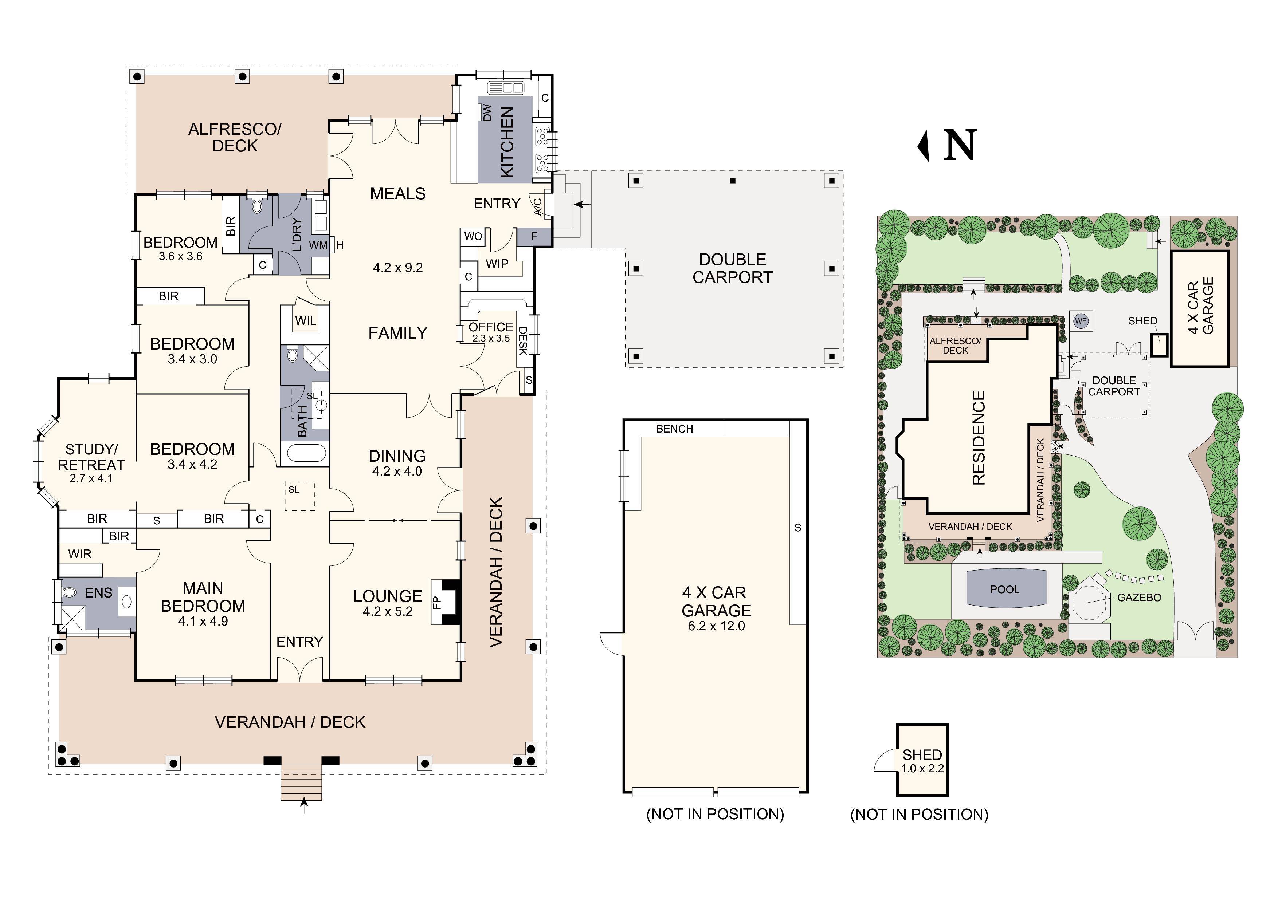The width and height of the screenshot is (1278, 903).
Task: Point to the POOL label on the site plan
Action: coord(1005,589)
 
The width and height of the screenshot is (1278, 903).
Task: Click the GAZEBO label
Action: coord(1139,598)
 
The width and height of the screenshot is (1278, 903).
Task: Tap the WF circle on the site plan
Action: coord(1081,321)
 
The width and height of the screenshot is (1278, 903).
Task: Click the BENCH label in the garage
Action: coord(675,429)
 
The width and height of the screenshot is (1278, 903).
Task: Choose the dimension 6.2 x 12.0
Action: coord(716,626)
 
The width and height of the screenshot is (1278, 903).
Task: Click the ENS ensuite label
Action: coord(98,593)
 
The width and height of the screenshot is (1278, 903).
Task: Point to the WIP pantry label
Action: coord(497,264)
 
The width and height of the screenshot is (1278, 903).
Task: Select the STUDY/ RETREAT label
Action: coord(91,457)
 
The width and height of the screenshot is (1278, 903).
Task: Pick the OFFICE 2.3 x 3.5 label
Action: coord(490,332)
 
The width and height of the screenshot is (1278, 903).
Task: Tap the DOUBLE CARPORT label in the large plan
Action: coord(733,268)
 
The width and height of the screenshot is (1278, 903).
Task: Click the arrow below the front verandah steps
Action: coord(303,805)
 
